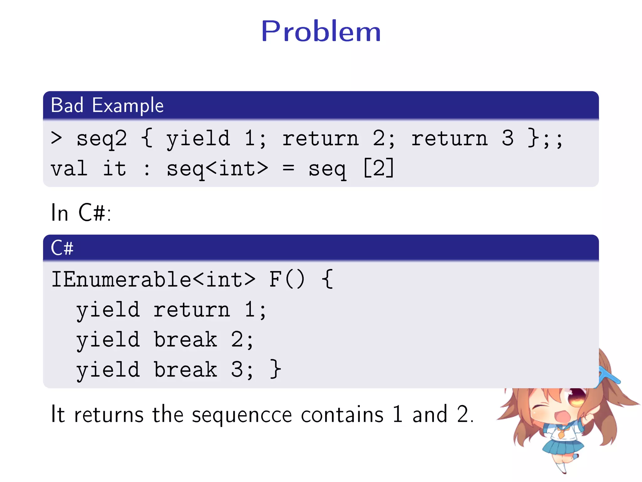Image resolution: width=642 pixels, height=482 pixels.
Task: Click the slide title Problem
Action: tap(321, 31)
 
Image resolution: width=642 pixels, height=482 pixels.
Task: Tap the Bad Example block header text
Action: tap(107, 105)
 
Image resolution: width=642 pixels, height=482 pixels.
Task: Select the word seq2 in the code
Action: tap(102, 139)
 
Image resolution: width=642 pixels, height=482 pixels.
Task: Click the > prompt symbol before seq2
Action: tap(56, 138)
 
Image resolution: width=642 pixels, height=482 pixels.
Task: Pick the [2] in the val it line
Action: tap(378, 168)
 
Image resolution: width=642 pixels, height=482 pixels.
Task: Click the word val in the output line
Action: tap(69, 169)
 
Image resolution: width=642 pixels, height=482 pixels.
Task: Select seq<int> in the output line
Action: tap(217, 169)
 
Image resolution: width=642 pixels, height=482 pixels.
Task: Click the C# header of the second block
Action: tap(62, 248)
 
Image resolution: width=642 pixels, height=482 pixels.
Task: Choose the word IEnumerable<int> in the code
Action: tap(153, 279)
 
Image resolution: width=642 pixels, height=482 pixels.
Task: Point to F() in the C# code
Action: tap(287, 279)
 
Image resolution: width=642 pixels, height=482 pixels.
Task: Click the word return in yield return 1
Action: tap(192, 310)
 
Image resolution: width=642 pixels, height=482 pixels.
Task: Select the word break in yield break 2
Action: tap(185, 340)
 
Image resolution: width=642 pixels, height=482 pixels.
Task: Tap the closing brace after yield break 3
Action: tap(276, 369)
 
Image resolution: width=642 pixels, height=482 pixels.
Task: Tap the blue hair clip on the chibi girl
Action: tap(610, 377)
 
